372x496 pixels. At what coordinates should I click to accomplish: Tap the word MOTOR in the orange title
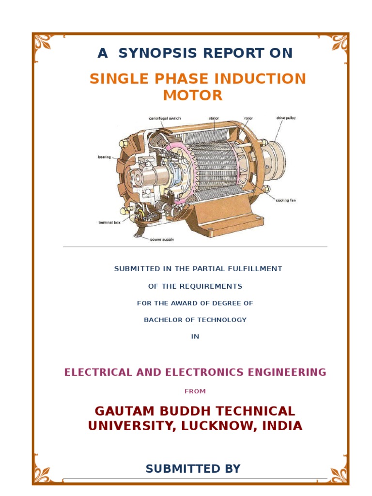pos(193,95)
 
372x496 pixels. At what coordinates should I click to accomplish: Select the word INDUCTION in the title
pos(259,78)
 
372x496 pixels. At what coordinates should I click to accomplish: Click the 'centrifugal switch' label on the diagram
pos(164,118)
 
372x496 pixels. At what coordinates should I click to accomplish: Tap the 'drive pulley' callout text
pos(286,118)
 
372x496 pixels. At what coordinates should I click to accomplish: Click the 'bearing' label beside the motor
pos(104,157)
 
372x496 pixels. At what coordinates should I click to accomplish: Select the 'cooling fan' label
pos(286,201)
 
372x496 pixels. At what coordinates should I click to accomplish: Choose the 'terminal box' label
pos(109,222)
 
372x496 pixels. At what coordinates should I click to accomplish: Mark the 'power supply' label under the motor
pos(162,239)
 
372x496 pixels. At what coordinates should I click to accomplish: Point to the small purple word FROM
pos(195,391)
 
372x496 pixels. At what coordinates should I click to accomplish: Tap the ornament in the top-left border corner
pos(43,43)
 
